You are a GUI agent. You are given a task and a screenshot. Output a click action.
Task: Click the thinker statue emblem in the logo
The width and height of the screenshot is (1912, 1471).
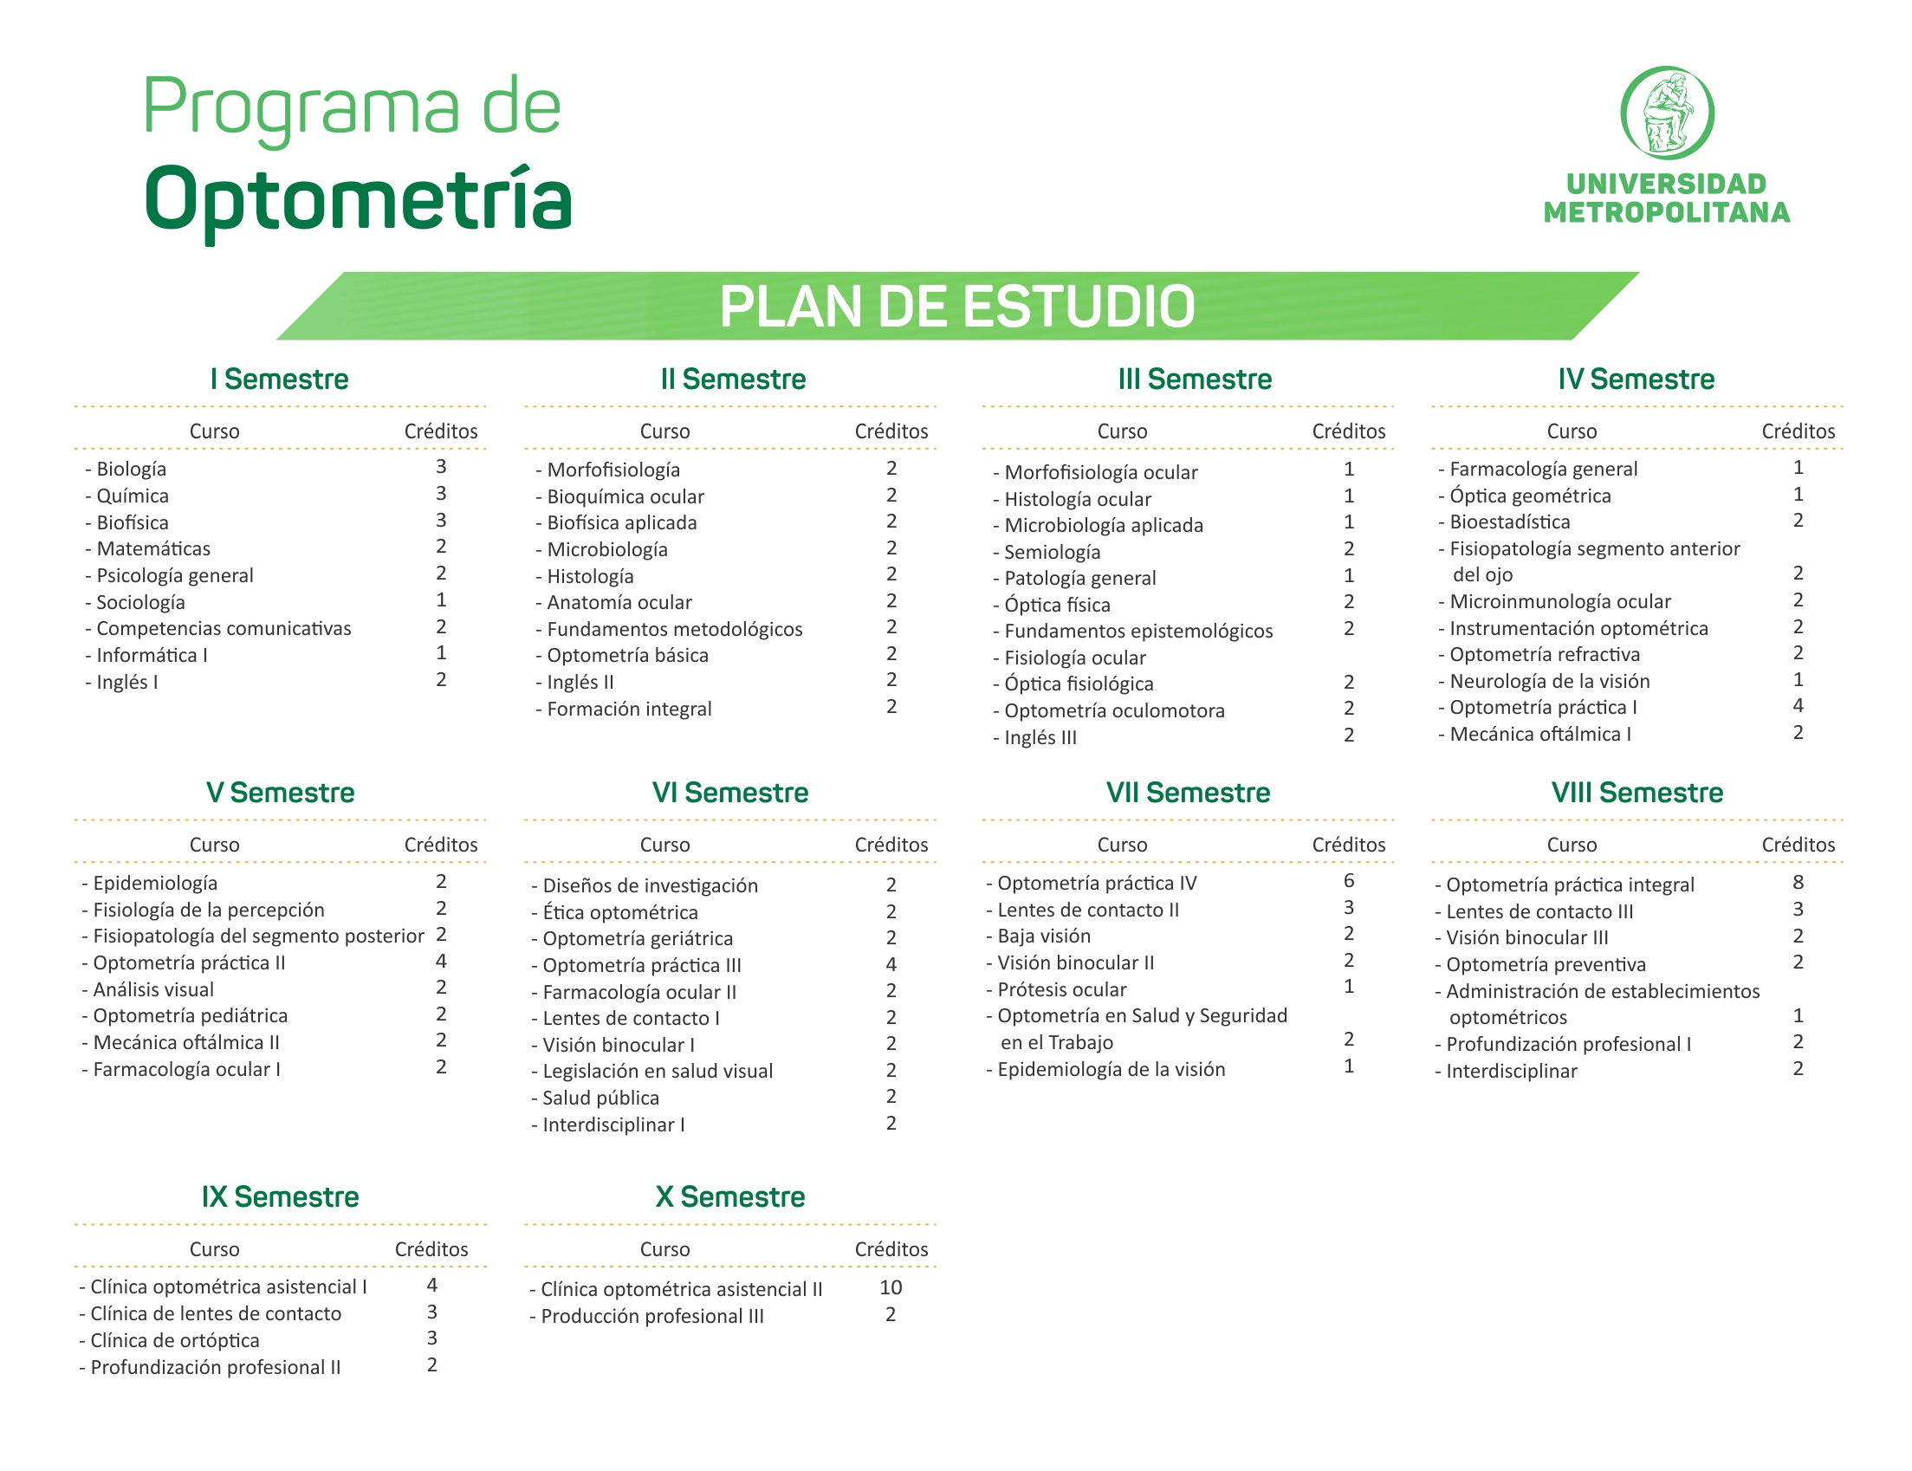(1667, 113)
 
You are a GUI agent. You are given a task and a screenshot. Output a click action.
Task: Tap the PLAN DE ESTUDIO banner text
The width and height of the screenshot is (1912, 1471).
(957, 307)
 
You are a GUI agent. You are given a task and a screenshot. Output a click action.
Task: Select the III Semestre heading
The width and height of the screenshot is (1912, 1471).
(1195, 379)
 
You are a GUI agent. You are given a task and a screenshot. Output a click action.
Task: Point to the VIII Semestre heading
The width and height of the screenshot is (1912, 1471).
(1637, 793)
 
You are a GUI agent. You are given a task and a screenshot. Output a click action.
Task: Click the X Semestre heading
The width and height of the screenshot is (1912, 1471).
(730, 1197)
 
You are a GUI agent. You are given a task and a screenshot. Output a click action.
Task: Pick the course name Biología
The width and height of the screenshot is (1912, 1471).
(132, 470)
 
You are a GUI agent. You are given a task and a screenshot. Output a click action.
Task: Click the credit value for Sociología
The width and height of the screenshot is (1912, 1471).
(441, 600)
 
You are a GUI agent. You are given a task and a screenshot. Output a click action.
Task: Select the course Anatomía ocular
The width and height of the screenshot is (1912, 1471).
(619, 602)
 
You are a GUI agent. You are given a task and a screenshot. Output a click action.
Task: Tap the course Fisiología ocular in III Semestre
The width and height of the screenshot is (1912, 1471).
(1075, 658)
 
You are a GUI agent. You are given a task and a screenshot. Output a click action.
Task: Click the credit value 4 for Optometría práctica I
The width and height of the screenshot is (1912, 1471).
(1799, 706)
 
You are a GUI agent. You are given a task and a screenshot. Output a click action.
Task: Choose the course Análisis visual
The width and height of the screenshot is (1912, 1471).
(153, 989)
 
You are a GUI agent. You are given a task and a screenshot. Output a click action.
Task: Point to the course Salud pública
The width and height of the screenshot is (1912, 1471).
(600, 1098)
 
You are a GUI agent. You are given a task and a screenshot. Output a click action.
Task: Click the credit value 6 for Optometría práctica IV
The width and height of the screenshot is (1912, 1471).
(1349, 881)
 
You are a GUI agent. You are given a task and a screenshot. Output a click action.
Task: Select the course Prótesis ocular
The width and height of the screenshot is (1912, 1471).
(1062, 989)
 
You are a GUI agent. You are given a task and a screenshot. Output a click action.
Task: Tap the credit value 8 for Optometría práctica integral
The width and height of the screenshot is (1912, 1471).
(1799, 883)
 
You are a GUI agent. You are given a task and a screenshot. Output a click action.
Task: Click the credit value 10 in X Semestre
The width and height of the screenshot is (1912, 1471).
(891, 1287)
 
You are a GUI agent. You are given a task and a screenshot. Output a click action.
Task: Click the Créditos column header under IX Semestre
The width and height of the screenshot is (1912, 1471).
(431, 1249)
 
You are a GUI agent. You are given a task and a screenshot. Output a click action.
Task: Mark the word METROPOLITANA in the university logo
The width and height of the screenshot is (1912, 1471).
(1667, 213)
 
